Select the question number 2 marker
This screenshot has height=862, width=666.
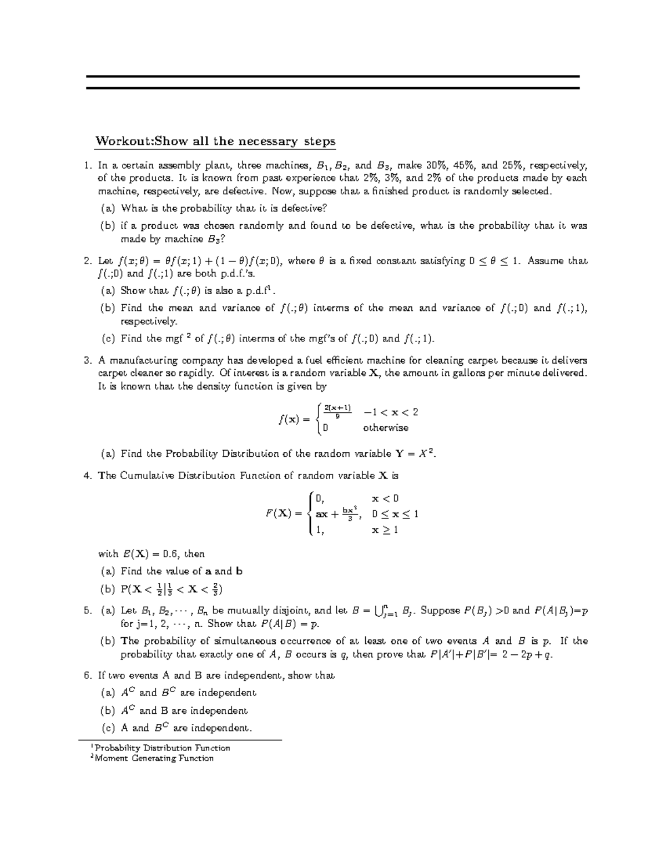coord(87,261)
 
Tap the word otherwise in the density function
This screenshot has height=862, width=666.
coord(386,428)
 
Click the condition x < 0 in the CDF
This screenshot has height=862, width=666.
coord(385,498)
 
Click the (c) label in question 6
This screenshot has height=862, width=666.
coord(108,728)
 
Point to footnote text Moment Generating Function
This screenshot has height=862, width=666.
coord(154,758)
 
